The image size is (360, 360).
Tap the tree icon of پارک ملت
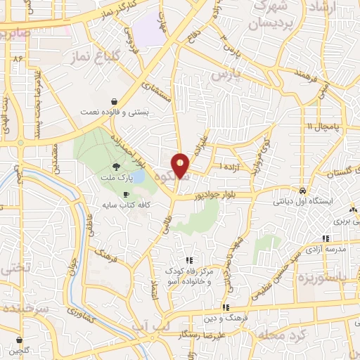click(115, 167)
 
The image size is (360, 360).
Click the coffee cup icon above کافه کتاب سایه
click(127, 195)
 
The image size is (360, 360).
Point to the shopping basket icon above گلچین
click(19, 340)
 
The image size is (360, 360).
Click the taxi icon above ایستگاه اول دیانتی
click(302, 191)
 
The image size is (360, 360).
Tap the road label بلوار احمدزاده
click(143, 150)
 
